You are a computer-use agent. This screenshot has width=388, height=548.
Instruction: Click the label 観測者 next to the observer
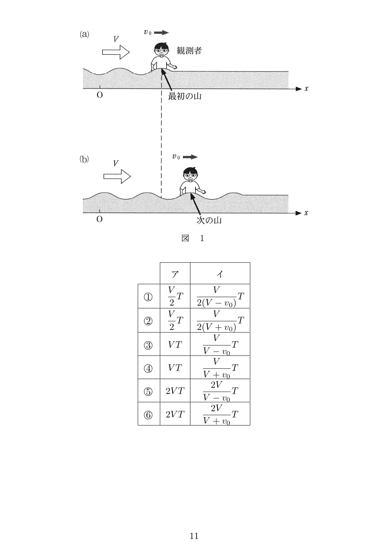189,51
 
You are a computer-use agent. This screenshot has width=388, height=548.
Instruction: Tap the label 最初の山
184,96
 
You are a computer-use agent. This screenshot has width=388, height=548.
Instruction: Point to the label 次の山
209,220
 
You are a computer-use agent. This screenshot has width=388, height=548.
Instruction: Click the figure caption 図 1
193,238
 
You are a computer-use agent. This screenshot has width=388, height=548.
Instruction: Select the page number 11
194,536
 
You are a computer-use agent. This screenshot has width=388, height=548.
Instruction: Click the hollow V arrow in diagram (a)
116,52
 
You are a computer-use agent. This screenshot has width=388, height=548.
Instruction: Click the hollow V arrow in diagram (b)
117,176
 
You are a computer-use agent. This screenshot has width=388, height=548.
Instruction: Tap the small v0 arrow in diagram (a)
161,32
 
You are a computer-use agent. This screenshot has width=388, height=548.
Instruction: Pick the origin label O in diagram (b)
99,219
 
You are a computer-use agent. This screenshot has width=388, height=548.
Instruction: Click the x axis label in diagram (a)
306,89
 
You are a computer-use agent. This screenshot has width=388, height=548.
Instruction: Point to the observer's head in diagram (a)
161,49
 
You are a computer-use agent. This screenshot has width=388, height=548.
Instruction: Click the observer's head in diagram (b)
190,174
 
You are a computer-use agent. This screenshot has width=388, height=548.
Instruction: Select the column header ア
175,274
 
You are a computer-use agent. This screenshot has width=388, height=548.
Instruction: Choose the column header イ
220,274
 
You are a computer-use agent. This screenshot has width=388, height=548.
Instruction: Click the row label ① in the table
148,296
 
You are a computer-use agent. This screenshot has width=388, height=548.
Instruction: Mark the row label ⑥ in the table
148,415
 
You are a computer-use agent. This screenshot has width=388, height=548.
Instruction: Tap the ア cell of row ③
175,344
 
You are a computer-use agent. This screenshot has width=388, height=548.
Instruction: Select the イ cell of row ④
220,368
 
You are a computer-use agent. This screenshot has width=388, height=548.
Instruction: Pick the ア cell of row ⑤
175,391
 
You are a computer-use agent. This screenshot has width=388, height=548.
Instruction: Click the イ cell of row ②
220,321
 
